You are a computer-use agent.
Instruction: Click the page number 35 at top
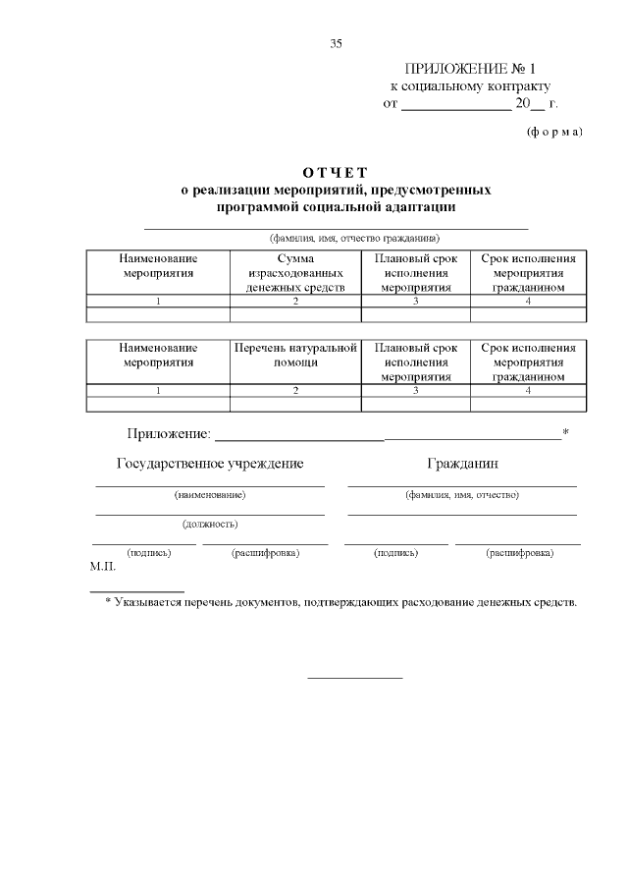(336, 43)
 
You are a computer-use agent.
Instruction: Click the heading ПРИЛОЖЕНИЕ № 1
(471, 69)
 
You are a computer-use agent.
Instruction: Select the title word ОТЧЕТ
(336, 173)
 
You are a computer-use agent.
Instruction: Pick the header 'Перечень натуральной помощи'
(295, 355)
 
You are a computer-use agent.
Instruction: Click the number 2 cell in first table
(295, 302)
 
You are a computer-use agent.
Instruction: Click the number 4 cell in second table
(528, 390)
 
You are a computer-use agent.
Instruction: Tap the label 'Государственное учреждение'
(210, 463)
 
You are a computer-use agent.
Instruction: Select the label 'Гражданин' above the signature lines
(462, 463)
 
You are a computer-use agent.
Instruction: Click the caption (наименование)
(210, 495)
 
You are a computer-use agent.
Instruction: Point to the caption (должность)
(210, 524)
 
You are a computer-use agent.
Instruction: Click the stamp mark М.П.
(103, 567)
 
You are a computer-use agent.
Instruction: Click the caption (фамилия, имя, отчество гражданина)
(354, 239)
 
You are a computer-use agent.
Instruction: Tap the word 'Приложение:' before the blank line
(169, 433)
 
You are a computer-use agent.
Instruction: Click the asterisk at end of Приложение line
(566, 431)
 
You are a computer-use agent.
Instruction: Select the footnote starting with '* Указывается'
(340, 601)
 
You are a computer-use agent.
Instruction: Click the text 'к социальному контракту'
(471, 85)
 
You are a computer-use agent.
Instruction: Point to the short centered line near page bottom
(355, 677)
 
